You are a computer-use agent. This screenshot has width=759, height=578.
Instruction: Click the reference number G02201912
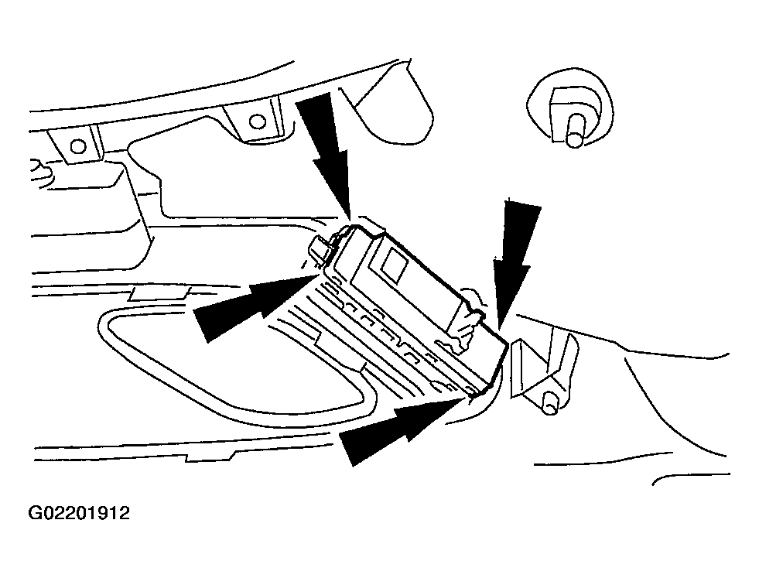tap(79, 513)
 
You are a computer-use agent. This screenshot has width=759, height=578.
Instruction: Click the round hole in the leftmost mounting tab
tap(77, 145)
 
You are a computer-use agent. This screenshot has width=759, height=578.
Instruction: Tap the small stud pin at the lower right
tap(550, 402)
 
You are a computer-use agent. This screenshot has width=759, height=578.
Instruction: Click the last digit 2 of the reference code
tap(124, 513)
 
